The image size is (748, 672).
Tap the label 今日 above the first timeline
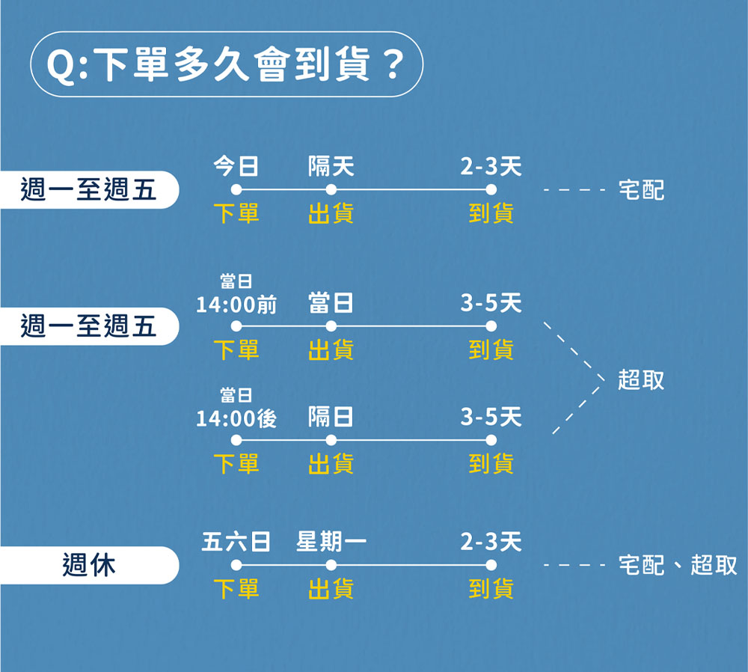(236, 166)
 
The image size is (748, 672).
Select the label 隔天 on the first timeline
(331, 166)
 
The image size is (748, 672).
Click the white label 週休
(89, 565)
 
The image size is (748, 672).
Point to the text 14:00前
(236, 305)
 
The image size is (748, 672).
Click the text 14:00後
(236, 418)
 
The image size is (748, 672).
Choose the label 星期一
(331, 542)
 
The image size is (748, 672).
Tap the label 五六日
(236, 542)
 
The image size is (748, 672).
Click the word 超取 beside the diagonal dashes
(641, 380)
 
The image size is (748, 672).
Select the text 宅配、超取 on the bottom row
(678, 565)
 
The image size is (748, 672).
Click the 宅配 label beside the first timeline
(641, 190)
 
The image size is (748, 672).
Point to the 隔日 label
(331, 417)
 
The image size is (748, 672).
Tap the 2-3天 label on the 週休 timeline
(491, 542)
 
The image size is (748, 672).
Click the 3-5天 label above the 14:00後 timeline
(491, 417)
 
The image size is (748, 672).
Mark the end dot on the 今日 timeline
(491, 189)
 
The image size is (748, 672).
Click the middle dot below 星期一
(331, 565)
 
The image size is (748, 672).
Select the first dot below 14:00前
(236, 326)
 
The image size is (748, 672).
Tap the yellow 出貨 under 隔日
(331, 463)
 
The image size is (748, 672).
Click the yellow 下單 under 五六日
(236, 588)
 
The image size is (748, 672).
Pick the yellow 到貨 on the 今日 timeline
(491, 213)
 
